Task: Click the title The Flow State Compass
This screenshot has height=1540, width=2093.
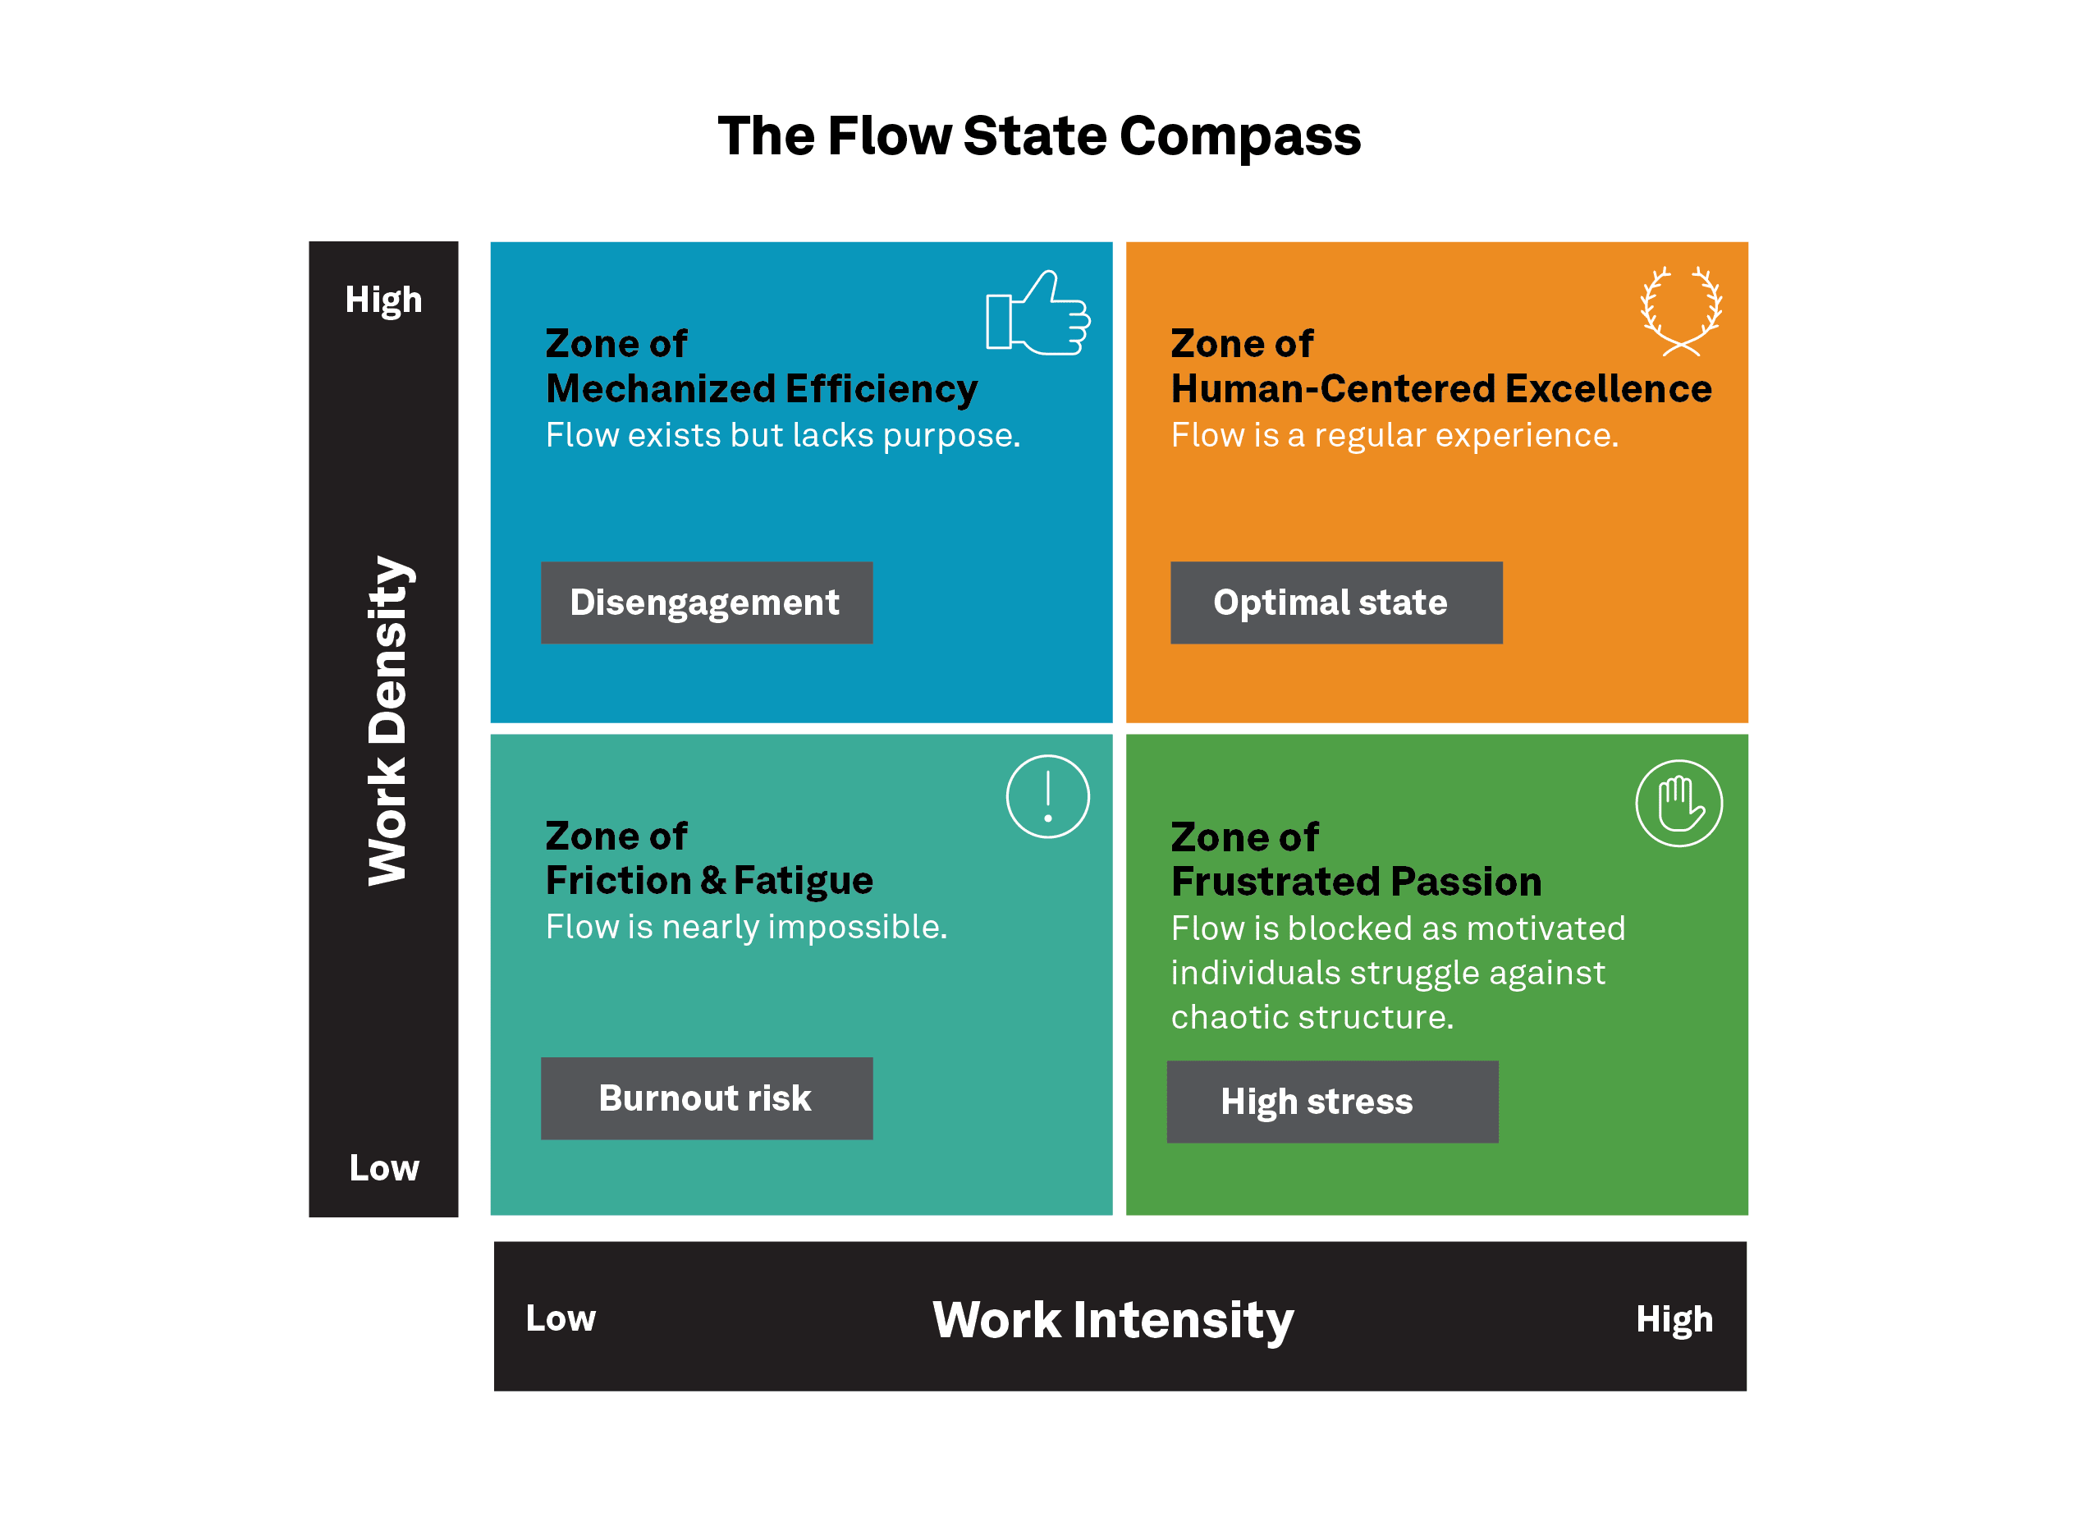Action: click(x=1038, y=136)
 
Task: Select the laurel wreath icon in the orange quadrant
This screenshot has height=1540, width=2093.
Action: click(x=1680, y=311)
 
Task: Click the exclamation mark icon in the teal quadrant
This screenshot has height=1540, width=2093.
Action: click(x=1047, y=796)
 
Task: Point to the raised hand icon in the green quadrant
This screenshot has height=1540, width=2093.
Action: click(x=1679, y=803)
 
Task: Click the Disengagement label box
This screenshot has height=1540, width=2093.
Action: click(x=707, y=603)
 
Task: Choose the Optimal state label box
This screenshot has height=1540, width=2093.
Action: click(x=1335, y=603)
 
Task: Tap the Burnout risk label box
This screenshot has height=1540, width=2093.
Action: click(x=707, y=1098)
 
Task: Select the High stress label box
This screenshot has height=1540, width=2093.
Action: click(x=1331, y=1102)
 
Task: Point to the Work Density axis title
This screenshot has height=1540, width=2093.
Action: click(x=387, y=720)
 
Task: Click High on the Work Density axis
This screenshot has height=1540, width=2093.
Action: click(x=383, y=300)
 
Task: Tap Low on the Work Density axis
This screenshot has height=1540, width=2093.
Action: click(x=383, y=1168)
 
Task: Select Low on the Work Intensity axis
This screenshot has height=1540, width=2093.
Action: click(x=560, y=1318)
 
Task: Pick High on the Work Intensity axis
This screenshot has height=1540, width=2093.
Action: click(x=1674, y=1320)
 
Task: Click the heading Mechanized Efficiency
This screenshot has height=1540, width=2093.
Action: click(x=762, y=389)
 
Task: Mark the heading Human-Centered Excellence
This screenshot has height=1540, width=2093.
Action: click(x=1440, y=389)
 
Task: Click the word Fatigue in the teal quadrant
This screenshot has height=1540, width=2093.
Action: click(x=803, y=881)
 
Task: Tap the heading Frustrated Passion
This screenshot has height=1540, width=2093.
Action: click(x=1356, y=882)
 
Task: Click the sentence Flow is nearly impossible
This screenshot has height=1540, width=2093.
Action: click(x=745, y=928)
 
